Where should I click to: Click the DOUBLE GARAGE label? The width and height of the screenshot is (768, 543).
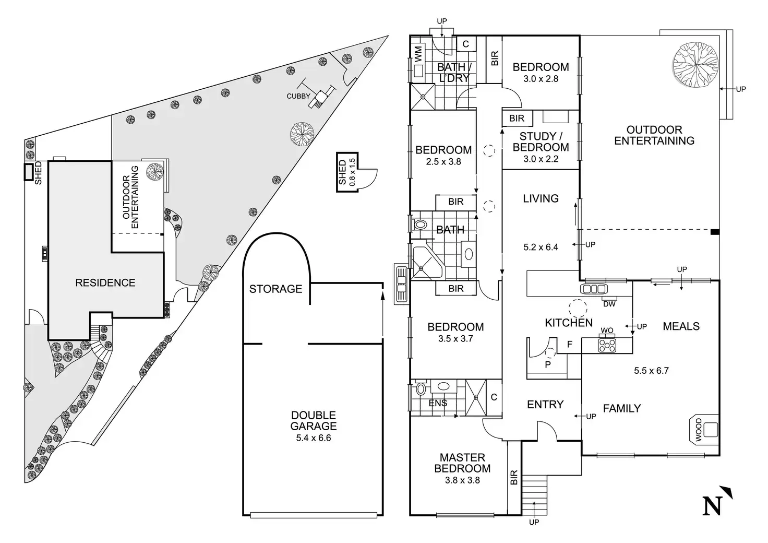pos(314,420)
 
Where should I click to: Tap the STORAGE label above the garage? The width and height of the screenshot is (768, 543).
pos(275,289)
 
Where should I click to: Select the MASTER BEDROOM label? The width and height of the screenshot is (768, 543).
pos(462,463)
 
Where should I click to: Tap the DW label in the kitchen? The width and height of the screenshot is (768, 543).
pos(608,304)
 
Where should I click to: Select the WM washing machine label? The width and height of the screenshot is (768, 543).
pos(418,54)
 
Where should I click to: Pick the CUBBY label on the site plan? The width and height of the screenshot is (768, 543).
pos(298,96)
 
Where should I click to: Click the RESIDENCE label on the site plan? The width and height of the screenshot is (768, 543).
pos(105,283)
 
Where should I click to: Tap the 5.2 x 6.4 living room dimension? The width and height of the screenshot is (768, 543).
pos(541,247)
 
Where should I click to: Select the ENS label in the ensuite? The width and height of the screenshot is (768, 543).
pos(438,403)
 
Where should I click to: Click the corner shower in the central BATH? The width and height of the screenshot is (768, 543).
pos(426,264)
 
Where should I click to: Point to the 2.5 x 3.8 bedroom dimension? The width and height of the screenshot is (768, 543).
pos(443,162)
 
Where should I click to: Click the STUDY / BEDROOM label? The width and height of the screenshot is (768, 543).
pos(541,142)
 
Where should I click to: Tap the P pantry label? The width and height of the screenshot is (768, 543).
pos(548,364)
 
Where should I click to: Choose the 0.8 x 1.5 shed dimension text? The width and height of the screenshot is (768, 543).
pos(352,172)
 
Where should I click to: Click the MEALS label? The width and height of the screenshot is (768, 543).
pos(681,326)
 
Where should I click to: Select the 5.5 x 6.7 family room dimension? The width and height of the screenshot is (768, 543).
pos(651,371)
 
